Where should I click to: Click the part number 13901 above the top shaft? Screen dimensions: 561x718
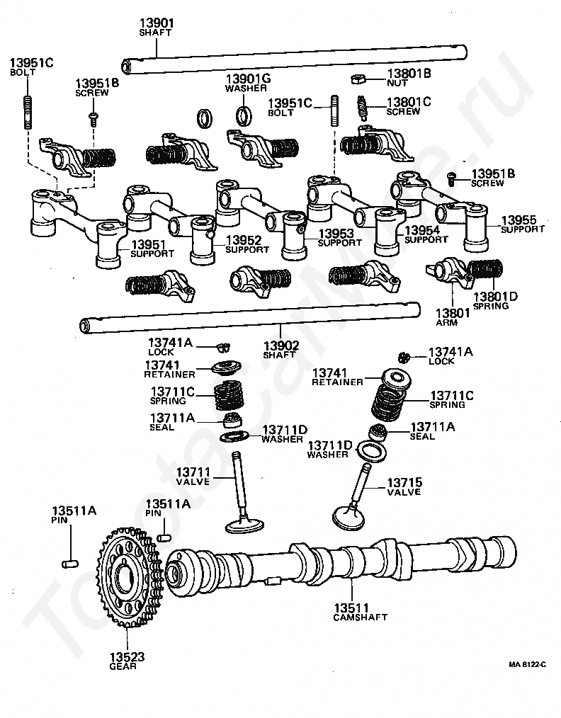pos(157,23)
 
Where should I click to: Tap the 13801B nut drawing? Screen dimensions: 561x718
pos(357,79)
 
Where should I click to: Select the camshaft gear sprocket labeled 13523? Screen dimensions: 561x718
pos(130,579)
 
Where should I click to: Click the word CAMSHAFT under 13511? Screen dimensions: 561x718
pos(360,617)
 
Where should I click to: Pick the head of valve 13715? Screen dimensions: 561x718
pos(348,518)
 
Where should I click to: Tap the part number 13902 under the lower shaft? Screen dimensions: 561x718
pos(280,346)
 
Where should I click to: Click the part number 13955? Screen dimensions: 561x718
pos(518,220)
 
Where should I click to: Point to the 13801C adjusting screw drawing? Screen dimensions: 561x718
pos(362,108)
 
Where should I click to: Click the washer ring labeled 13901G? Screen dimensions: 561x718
pos(244,115)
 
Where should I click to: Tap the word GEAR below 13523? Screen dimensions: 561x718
pos(123,666)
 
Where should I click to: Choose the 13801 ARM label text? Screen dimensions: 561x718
pos(453,317)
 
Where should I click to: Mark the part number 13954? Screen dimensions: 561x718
pos(421,230)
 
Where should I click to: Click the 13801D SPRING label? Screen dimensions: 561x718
pos(495,301)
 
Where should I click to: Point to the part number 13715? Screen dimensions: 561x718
pos(405,483)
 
